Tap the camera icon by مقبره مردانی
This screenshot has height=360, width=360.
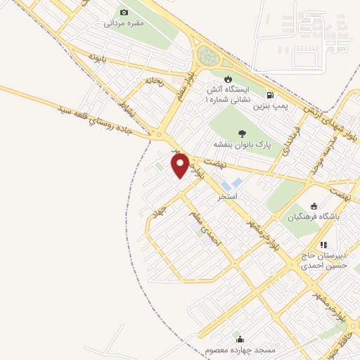pos(124,12)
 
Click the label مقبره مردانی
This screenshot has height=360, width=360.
pos(124,23)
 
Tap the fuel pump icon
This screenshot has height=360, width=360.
pos(270,95)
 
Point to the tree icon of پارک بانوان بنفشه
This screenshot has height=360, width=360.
pos(243,133)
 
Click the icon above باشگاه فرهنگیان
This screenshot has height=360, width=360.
pos(314,206)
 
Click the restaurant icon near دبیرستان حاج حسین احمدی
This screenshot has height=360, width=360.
pos(323,245)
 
